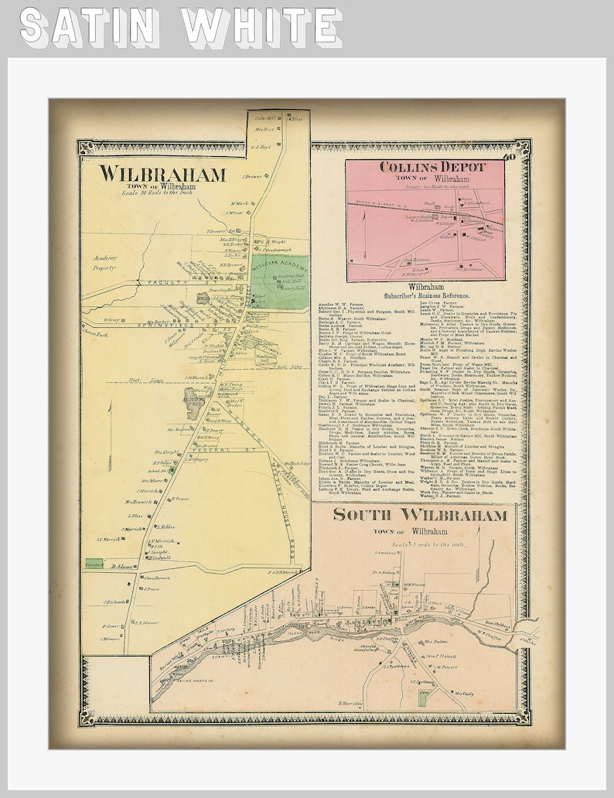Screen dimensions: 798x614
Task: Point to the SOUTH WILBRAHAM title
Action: coord(421,515)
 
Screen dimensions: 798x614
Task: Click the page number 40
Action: coord(508,159)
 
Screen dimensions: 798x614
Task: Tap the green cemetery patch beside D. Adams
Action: coord(94,565)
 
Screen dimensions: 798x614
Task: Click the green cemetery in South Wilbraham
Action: coord(422,694)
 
